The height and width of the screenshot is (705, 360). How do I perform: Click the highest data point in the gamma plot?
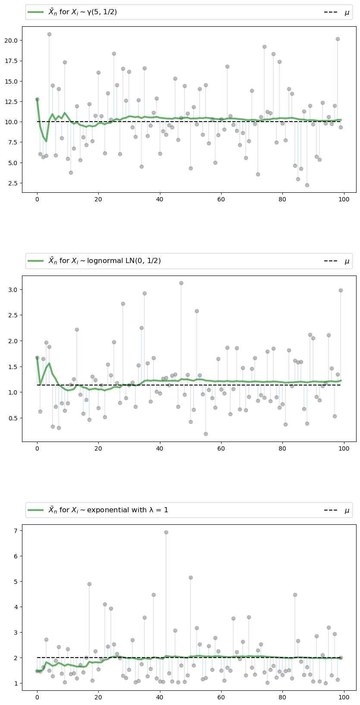(x=49, y=34)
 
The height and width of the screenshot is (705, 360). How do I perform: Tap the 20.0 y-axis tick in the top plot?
(x=12, y=41)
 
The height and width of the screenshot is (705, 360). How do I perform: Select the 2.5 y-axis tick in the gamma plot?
(x=14, y=183)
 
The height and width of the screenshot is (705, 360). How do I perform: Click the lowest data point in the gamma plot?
(x=307, y=185)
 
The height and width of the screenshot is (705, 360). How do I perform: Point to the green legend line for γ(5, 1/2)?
(x=36, y=12)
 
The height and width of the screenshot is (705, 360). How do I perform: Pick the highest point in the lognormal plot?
(x=181, y=283)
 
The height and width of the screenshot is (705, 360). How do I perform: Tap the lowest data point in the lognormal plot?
(x=206, y=434)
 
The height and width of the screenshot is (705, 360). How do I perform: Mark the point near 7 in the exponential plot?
(x=166, y=532)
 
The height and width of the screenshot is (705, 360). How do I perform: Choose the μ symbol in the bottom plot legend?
(x=347, y=511)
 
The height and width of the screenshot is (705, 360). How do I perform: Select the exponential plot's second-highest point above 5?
(x=191, y=577)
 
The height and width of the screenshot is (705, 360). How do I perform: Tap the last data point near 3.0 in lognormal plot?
(x=341, y=290)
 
